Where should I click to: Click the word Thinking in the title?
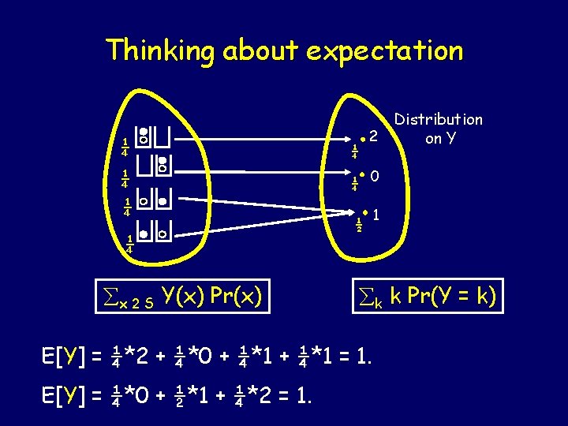click(162, 50)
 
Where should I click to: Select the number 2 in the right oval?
click(375, 137)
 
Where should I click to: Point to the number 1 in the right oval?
click(378, 214)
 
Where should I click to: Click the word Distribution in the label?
click(439, 120)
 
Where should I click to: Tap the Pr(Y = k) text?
click(454, 296)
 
